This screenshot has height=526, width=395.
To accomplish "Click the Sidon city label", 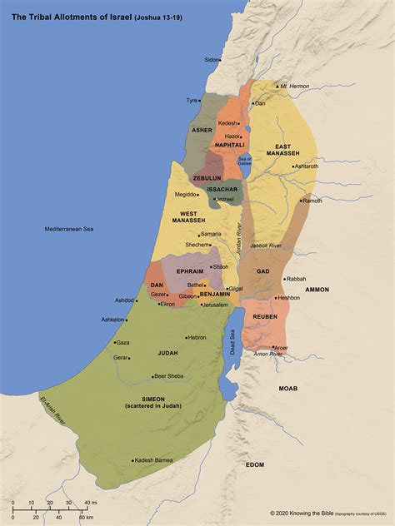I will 212,60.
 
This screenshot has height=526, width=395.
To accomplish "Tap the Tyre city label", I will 192,101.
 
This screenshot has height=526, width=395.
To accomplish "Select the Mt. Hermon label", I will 294,87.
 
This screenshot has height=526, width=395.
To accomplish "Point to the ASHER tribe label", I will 202,131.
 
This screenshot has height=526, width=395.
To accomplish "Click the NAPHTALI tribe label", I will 229,145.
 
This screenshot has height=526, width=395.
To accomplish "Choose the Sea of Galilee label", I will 244,161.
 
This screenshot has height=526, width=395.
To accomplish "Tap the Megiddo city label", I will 185,195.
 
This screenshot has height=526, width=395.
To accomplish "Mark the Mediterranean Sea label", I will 69,228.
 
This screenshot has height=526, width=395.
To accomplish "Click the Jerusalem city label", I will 215,305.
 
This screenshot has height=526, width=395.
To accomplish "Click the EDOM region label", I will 255,464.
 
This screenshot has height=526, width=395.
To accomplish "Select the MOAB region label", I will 288,389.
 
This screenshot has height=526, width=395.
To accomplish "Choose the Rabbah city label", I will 297,279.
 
